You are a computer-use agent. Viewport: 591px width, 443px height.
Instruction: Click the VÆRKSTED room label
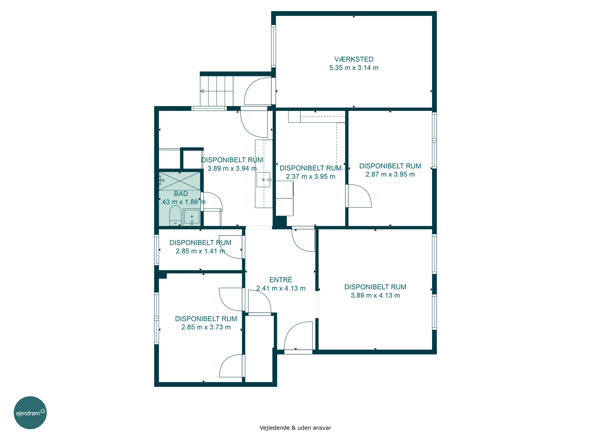(x=354, y=59)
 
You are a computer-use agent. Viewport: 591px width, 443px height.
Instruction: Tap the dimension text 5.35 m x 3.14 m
(x=354, y=68)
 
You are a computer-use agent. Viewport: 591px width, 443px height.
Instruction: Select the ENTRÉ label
(x=281, y=280)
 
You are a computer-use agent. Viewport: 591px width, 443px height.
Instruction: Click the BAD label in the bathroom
(x=181, y=194)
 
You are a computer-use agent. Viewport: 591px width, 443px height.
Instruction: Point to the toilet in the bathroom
(x=175, y=215)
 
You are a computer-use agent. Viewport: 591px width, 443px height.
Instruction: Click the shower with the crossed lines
(x=179, y=181)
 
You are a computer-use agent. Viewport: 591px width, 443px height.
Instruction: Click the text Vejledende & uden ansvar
(x=295, y=428)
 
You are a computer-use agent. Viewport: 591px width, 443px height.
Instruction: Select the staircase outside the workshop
(x=217, y=91)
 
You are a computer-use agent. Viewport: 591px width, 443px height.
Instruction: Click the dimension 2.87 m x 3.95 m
(x=390, y=174)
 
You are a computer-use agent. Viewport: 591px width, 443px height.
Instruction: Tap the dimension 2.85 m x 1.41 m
(x=200, y=251)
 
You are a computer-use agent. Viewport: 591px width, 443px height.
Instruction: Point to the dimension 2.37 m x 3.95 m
(x=310, y=176)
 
